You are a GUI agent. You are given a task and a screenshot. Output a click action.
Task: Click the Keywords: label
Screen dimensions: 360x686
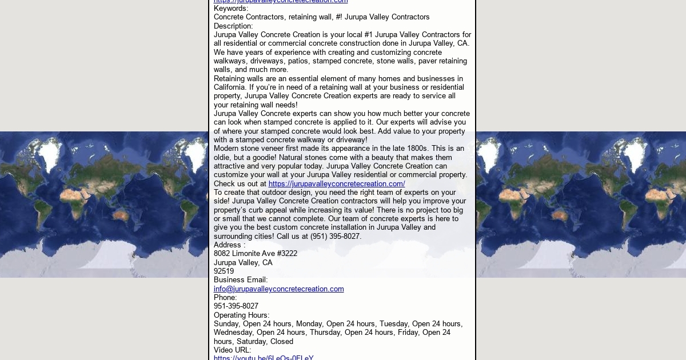[x=231, y=9]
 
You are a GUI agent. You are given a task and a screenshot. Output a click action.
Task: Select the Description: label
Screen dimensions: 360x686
[x=233, y=26]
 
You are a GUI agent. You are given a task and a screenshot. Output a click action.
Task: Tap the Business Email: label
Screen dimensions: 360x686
[x=241, y=280]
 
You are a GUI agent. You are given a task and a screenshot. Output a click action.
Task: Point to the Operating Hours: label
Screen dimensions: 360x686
[x=241, y=315]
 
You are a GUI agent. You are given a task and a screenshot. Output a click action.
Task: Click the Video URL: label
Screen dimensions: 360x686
[x=232, y=350]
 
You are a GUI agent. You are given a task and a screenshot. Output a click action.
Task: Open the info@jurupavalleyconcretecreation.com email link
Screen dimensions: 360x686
[x=279, y=289]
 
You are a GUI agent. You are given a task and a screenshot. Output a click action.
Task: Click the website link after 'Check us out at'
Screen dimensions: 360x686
[x=337, y=184]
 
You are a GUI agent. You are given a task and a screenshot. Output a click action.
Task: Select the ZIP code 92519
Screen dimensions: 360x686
[x=224, y=271]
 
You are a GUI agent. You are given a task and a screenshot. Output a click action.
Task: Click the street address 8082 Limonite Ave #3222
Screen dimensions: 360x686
[x=256, y=254]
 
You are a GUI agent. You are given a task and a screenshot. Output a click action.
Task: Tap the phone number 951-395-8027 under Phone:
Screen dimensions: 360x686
[x=236, y=306]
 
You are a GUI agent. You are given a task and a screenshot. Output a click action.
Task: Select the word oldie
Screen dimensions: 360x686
[x=224, y=158]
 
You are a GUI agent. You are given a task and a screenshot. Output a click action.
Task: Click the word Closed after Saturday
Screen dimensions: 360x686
[x=282, y=342]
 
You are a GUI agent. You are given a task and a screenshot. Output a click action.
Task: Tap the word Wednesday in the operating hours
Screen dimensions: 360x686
[x=233, y=333]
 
